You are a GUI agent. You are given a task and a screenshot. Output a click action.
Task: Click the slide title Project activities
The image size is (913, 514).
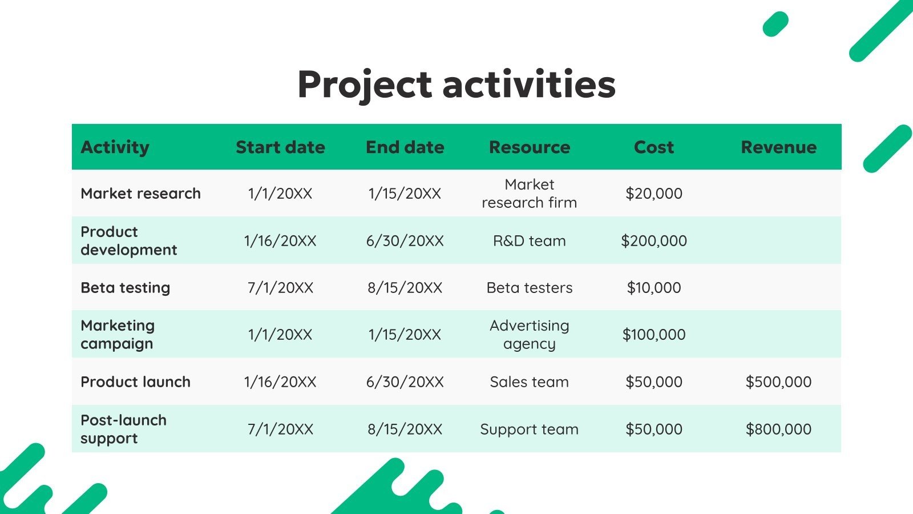(457, 85)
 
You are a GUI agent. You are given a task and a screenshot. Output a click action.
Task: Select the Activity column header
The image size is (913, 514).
(115, 147)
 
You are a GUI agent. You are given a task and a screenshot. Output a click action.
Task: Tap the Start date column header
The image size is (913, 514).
(280, 147)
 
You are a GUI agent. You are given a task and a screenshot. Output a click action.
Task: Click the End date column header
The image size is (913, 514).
(405, 147)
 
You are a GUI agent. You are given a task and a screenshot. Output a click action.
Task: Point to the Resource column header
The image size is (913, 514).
(530, 147)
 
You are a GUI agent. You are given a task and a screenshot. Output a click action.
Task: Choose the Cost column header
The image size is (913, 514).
(654, 147)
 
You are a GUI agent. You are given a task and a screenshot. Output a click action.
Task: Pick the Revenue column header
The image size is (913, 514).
(778, 147)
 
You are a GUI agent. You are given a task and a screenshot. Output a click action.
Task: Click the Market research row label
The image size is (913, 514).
(140, 194)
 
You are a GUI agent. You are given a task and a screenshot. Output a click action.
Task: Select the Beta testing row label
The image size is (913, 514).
(126, 288)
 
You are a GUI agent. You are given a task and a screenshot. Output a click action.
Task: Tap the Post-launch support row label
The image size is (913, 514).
(123, 429)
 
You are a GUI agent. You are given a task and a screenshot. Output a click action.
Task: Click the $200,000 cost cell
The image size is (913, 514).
(654, 241)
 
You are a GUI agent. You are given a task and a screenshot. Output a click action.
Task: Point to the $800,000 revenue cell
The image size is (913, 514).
(778, 429)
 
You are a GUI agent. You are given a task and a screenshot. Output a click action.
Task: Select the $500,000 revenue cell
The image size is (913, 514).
(778, 382)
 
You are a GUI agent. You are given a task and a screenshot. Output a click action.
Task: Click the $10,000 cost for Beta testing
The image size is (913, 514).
(654, 288)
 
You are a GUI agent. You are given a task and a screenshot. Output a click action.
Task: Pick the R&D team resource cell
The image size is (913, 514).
(530, 241)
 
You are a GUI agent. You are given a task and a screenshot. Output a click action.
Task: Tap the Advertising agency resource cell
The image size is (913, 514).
(530, 335)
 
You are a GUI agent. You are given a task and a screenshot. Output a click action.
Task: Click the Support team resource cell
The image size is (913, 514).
(530, 429)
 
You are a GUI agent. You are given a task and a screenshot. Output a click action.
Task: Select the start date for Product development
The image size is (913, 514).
(280, 241)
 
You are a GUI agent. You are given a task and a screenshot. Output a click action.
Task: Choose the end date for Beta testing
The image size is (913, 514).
(405, 288)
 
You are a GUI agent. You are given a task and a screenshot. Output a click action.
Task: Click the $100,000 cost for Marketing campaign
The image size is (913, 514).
(654, 335)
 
